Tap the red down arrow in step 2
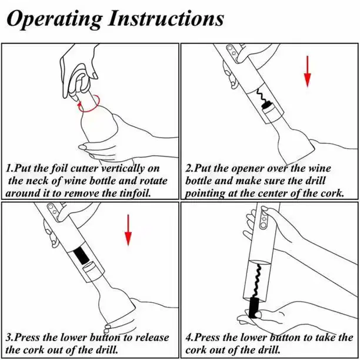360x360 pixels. (x=308, y=71)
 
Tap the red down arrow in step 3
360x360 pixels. (x=128, y=230)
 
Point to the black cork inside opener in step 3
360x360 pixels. (x=81, y=255)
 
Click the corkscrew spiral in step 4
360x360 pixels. (x=257, y=281)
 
